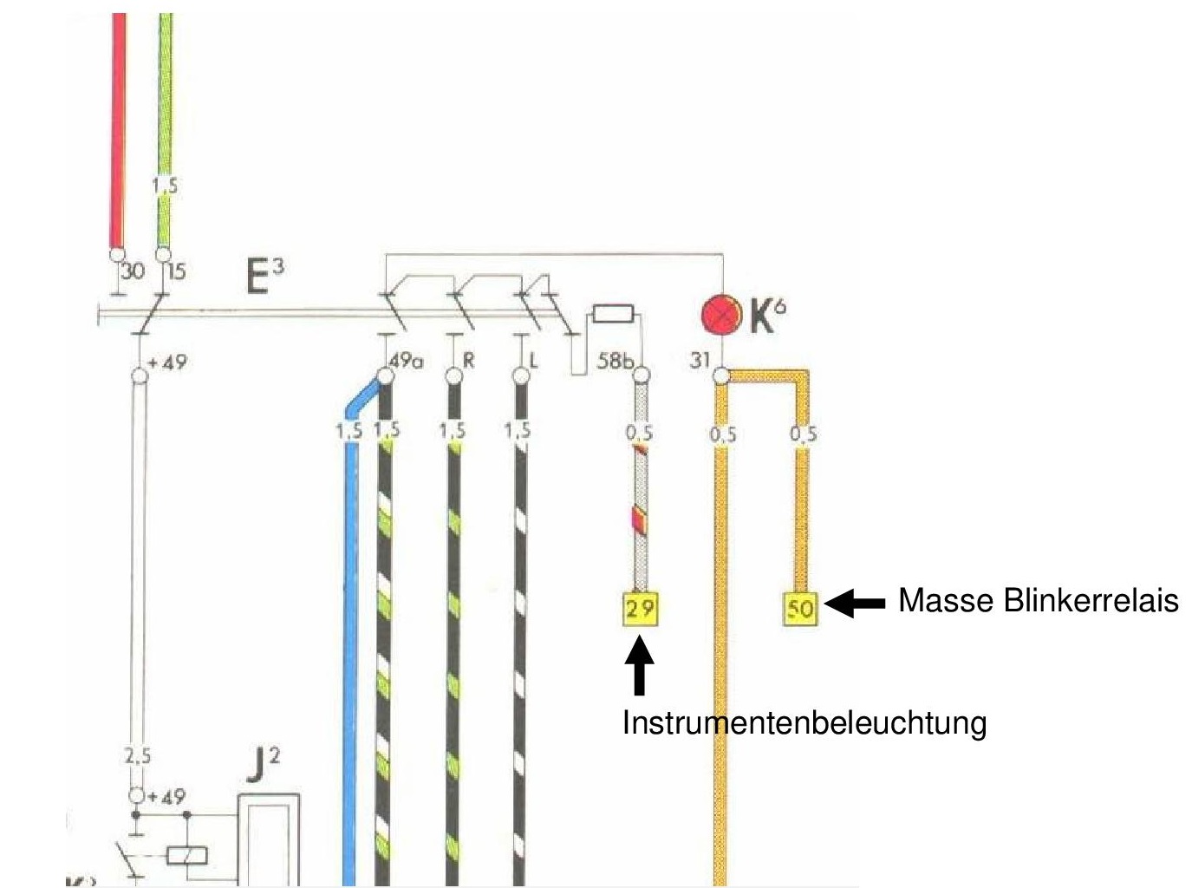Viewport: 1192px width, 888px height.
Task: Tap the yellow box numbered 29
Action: [641, 608]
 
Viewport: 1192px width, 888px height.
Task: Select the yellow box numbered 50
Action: [800, 608]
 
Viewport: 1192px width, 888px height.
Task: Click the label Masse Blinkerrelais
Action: [1038, 600]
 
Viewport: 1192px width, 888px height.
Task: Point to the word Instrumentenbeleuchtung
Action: [804, 722]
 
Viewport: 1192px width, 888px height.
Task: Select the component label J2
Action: [264, 765]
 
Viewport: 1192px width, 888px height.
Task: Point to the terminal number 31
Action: [700, 358]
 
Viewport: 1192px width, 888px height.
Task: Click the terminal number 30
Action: [133, 271]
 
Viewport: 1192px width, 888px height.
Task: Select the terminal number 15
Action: [176, 271]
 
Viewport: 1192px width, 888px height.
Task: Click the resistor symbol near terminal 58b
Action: [615, 314]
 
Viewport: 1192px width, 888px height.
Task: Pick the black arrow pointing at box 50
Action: [855, 603]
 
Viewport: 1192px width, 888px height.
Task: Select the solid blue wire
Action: [349, 650]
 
